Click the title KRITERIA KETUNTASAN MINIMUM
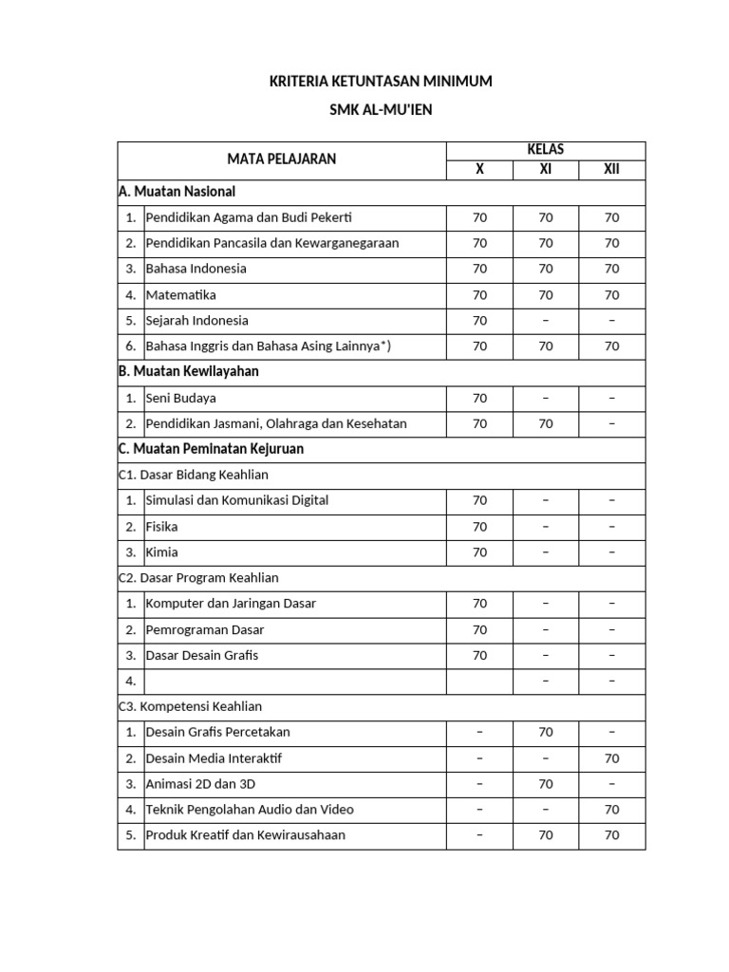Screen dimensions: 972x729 pos(381,82)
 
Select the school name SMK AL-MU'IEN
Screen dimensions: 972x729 pos(381,110)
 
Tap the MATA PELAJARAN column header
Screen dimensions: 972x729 pos(281,159)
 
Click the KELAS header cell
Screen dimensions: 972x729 pos(545,150)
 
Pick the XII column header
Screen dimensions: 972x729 pos(611,170)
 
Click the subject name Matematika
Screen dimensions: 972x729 pos(181,295)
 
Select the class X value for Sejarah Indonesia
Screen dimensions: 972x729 pos(479,321)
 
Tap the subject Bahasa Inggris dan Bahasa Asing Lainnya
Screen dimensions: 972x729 pos(269,346)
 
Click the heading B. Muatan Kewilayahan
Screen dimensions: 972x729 pos(188,371)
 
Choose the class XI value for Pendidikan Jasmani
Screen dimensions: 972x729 pos(545,424)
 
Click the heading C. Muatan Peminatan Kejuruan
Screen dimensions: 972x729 pos(211,448)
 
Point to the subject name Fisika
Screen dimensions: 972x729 pos(162,527)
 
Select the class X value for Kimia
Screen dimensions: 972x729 pos(479,552)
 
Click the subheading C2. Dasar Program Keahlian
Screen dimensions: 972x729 pos(198,577)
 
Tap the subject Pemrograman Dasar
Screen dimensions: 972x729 pos(205,629)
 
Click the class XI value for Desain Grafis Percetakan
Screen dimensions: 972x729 pos(545,732)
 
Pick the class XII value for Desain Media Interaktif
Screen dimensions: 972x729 pos(611,758)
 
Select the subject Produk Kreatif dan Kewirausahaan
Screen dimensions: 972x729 pos(246,835)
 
